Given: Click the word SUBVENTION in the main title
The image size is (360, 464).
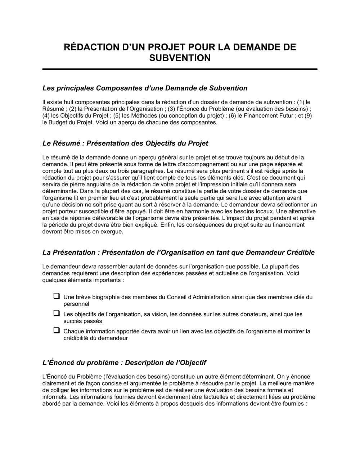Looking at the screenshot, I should click(180, 58).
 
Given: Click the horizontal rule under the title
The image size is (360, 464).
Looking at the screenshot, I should click(180, 69).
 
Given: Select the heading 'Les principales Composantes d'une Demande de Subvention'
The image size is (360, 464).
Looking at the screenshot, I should click(145, 88).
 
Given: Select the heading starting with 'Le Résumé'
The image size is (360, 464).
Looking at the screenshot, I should click(125, 143).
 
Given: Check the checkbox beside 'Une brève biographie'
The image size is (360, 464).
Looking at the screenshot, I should click(57, 296).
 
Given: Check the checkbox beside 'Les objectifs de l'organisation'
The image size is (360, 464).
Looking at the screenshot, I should click(57, 313).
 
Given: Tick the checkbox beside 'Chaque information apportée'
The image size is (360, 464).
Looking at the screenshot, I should click(57, 330).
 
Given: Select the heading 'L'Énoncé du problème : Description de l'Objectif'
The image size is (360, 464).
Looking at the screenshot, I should click(124, 362).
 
